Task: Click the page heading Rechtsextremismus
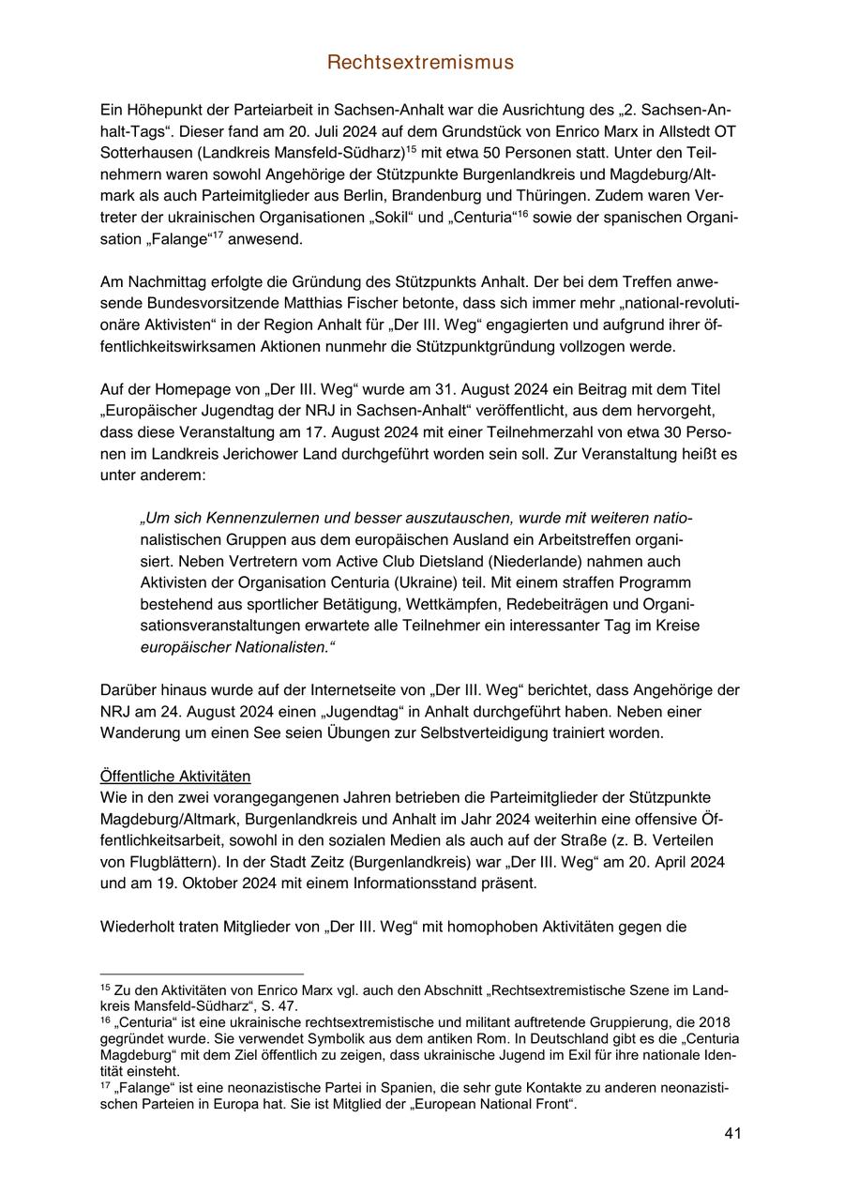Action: pos(421,63)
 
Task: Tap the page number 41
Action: pos(732,1134)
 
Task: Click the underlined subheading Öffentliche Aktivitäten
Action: pos(174,777)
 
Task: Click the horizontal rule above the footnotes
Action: pos(202,974)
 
